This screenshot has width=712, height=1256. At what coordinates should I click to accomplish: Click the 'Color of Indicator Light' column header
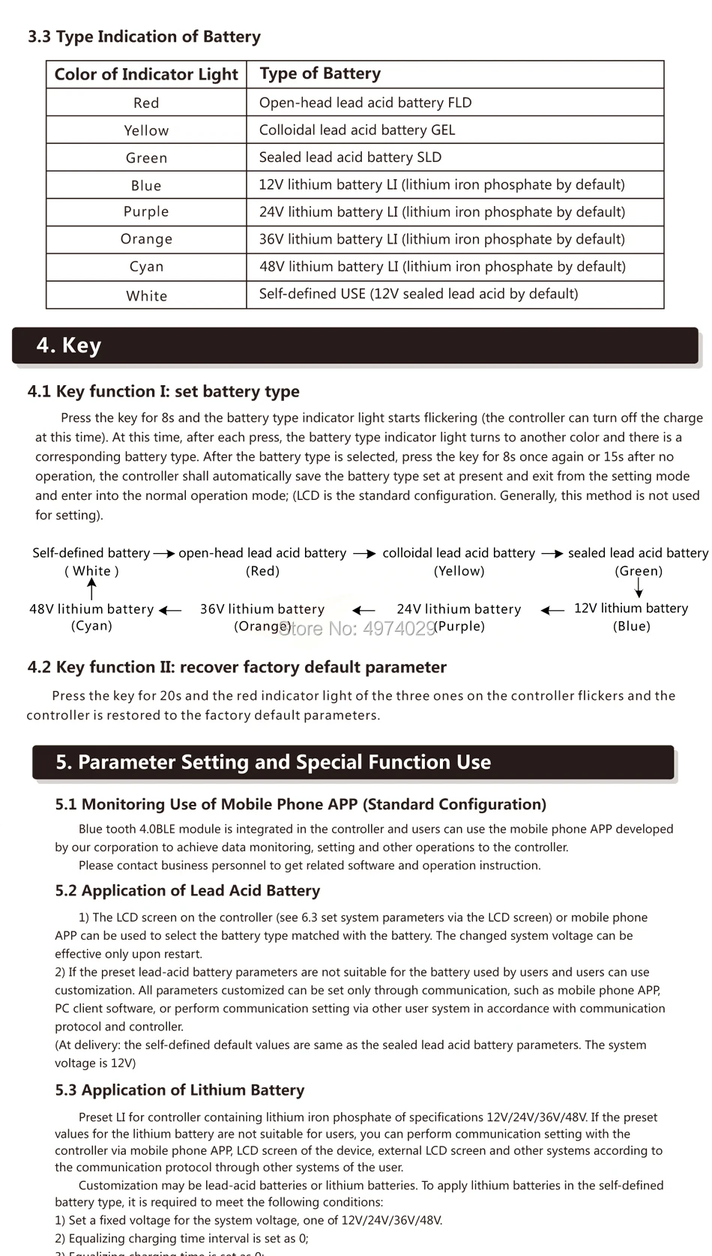146,74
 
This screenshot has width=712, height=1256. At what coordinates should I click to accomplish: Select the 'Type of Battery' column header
320,73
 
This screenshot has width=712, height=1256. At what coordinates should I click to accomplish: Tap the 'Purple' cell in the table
146,212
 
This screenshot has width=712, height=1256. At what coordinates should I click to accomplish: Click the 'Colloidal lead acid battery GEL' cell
357,130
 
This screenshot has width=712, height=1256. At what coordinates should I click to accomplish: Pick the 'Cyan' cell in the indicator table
146,267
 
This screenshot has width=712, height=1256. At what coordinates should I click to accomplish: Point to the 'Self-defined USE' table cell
418,294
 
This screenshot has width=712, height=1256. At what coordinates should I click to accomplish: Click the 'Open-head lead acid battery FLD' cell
365,103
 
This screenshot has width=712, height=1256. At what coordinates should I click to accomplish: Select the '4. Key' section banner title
69,345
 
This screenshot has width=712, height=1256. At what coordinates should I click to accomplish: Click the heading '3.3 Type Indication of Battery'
144,37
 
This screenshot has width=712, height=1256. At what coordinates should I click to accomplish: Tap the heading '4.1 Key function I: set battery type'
163,391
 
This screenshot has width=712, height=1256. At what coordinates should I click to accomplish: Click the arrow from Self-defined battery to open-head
164,554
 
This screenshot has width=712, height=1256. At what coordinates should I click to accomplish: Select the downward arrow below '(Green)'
639,588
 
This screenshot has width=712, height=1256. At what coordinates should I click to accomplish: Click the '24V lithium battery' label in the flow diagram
459,609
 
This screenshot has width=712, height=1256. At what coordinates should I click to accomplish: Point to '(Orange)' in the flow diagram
262,627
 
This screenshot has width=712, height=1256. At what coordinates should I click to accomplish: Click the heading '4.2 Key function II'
237,667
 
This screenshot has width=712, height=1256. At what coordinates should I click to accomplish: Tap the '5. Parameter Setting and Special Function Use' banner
274,762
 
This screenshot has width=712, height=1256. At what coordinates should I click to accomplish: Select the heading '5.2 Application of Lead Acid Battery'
187,890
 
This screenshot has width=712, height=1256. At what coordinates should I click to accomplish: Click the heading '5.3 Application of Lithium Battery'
180,1090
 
